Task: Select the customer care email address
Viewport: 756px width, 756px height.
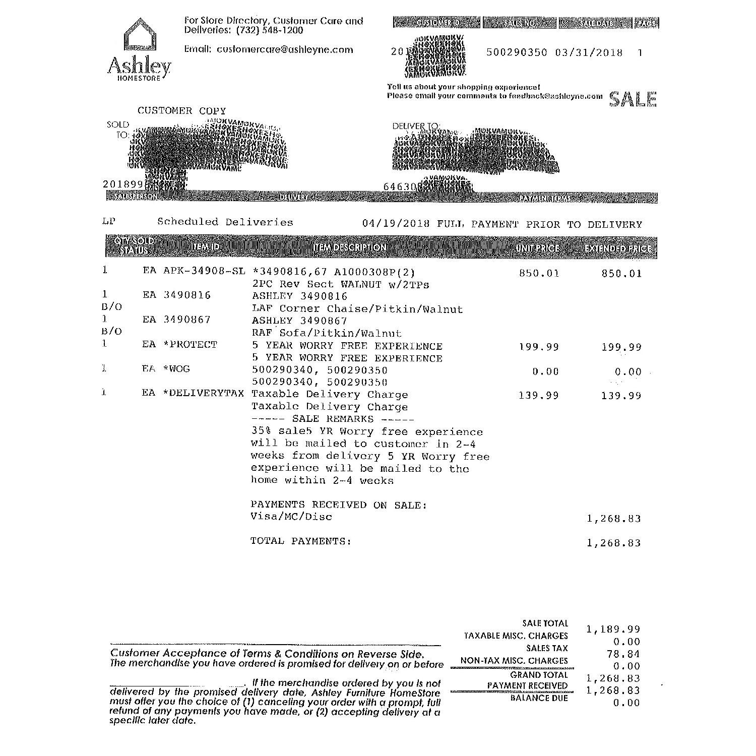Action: (285, 49)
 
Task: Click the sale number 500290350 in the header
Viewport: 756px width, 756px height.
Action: (517, 52)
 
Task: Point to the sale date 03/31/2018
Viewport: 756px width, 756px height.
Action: (589, 52)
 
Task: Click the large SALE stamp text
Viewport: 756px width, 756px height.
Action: (633, 99)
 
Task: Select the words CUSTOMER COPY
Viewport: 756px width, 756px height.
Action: (181, 111)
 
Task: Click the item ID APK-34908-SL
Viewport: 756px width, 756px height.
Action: (204, 271)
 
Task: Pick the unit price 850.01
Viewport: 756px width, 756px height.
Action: (539, 274)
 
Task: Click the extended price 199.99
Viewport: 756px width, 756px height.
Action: (621, 347)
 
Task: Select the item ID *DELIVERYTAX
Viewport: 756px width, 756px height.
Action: (203, 393)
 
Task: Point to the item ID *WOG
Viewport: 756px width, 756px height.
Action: (176, 369)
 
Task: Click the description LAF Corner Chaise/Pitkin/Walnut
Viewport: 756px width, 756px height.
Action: (357, 309)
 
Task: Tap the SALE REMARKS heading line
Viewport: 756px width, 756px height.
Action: (333, 419)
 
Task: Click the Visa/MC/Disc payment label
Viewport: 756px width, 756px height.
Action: (291, 517)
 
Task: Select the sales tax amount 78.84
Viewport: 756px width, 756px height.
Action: (627, 654)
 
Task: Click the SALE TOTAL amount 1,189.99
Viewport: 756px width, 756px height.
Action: (613, 629)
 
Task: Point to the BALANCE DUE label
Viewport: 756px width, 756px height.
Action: (539, 698)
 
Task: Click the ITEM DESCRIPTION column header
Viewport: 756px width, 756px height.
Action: (349, 247)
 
